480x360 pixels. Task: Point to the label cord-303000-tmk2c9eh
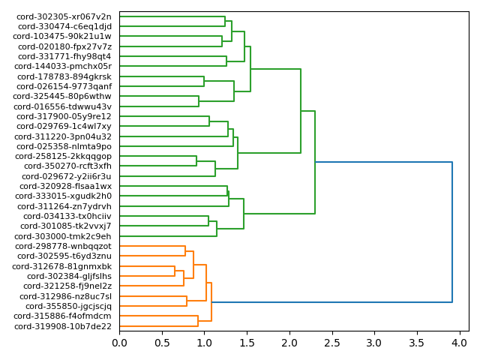click(64, 236)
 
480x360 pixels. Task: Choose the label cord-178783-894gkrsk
click(64, 76)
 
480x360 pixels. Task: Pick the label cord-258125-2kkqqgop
click(64, 156)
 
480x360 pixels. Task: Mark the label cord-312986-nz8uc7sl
click(64, 296)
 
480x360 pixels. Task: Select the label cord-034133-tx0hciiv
click(64, 216)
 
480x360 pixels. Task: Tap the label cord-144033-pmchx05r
click(64, 66)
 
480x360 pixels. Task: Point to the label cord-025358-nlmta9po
click(64, 146)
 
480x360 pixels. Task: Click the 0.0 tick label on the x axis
click(119, 343)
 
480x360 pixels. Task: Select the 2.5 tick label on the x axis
click(331, 343)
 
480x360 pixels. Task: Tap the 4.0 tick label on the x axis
click(459, 343)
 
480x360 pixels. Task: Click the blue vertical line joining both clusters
click(452, 232)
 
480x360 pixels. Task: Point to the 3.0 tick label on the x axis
click(374, 343)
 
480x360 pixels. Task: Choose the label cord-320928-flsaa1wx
click(65, 186)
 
